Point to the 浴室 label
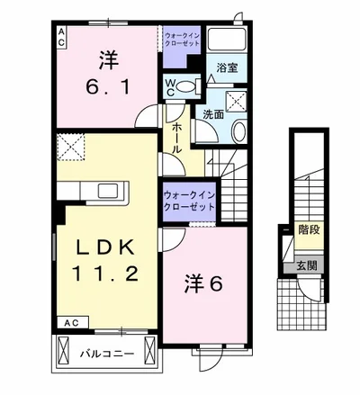226,67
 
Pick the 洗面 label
212,115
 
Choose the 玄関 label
306,265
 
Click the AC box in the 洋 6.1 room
62,36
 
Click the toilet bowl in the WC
187,88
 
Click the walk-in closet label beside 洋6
189,200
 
